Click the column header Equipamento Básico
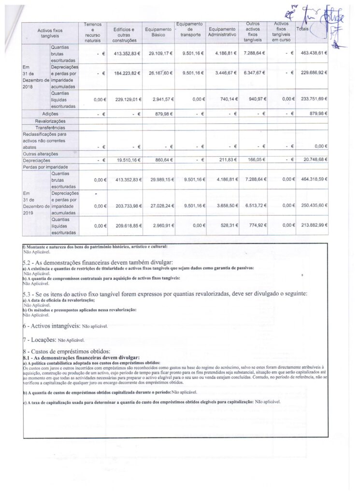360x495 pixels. tap(158, 32)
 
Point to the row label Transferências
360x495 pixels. tap(50, 127)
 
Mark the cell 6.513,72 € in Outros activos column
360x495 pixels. tap(254, 205)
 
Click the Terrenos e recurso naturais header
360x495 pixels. tap(92, 32)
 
